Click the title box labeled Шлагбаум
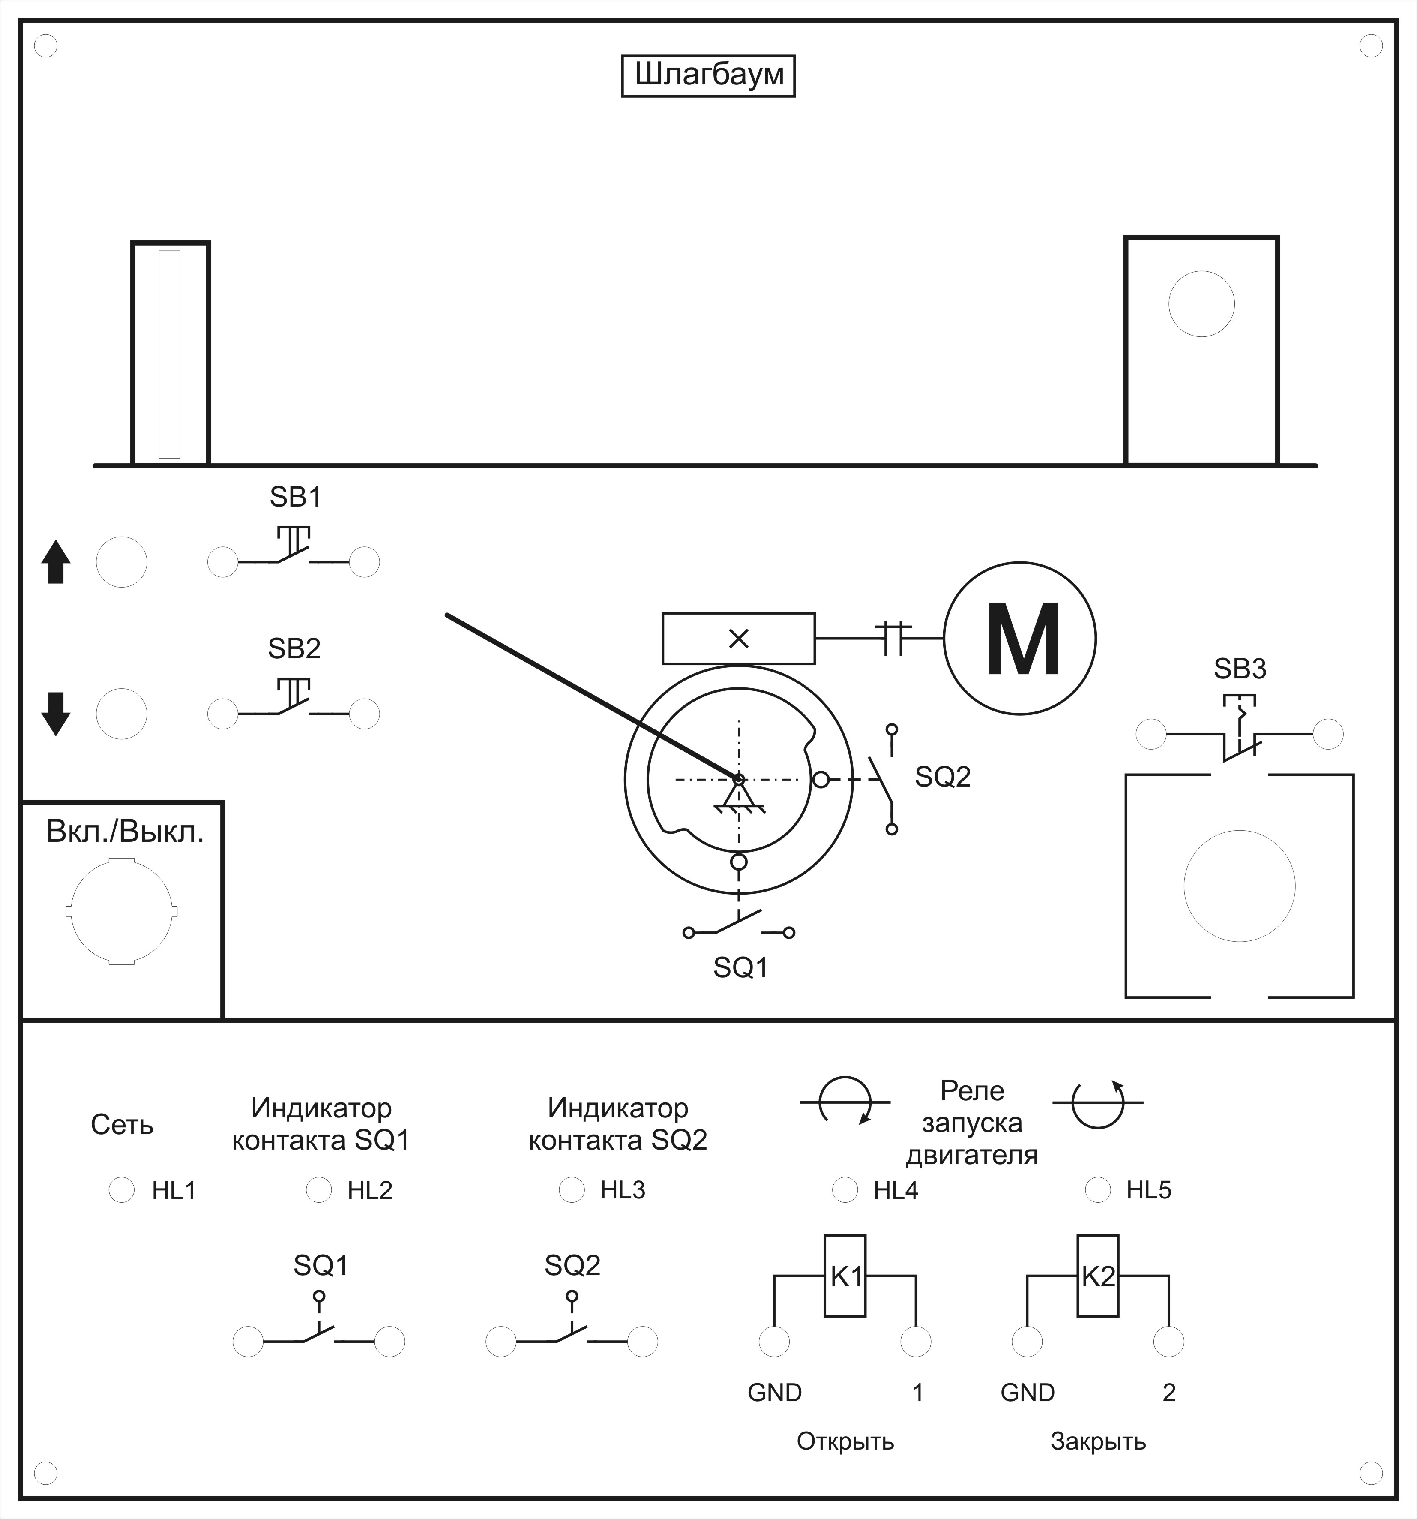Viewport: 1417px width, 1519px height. click(x=708, y=75)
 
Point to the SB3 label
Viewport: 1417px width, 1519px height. click(x=1240, y=669)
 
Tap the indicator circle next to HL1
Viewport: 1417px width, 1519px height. click(x=121, y=1190)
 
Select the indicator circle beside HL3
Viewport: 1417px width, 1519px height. click(x=571, y=1190)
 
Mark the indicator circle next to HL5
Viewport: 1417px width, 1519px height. click(x=1098, y=1190)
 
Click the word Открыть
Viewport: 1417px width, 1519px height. click(x=845, y=1442)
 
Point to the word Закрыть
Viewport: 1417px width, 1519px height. click(x=1098, y=1442)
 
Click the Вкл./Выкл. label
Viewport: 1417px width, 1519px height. click(x=125, y=832)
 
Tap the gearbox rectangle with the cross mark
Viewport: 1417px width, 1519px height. click(x=738, y=638)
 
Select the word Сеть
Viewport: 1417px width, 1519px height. click(x=122, y=1125)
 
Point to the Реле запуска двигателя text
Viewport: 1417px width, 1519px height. click(x=972, y=1123)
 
